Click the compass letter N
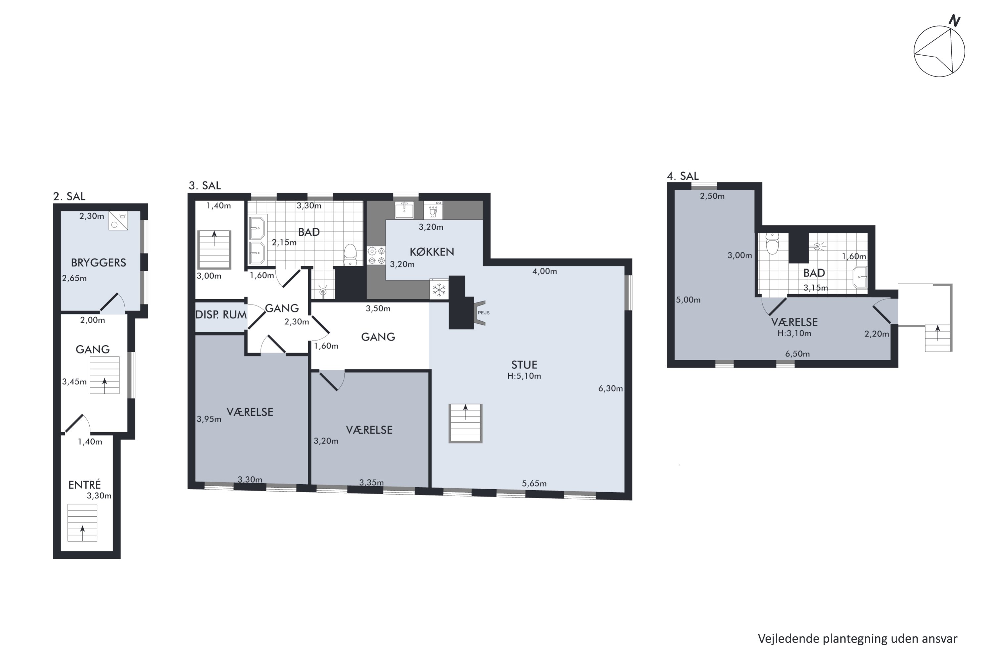coord(955,20)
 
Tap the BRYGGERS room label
coord(98,262)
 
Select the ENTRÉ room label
coord(84,484)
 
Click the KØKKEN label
coord(432,252)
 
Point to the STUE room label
coord(524,365)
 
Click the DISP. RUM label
coord(221,314)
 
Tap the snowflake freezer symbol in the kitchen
coord(439,290)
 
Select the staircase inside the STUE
coord(465,423)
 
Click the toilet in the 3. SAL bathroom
coord(350,255)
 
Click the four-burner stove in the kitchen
coord(376,256)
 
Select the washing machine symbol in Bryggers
coord(118,221)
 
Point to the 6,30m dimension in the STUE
coord(610,388)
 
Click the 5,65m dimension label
coord(534,483)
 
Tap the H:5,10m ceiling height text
coord(524,376)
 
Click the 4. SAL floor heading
coord(683,176)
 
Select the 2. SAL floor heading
coord(69,196)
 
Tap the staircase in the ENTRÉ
coord(82,523)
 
